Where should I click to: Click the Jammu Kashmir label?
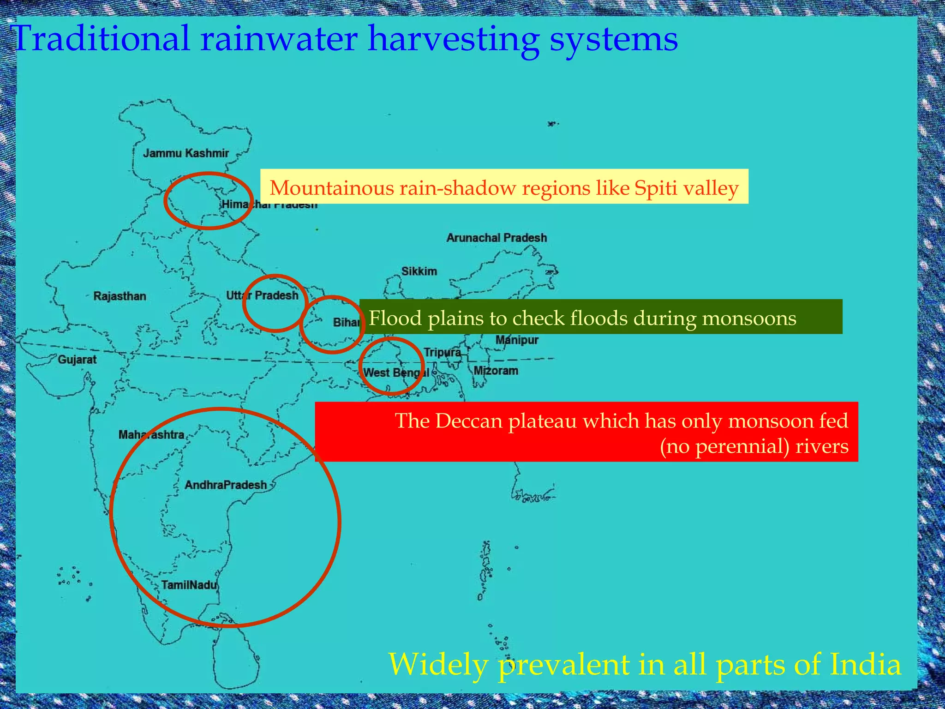point(185,153)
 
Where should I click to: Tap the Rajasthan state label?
point(120,296)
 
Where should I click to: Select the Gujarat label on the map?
point(77,359)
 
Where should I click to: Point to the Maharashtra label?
point(151,434)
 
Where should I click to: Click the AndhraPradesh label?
point(226,485)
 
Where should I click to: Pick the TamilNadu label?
point(189,585)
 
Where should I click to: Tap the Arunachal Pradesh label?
point(496,238)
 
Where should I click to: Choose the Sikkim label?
point(419,271)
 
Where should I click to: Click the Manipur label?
point(517,340)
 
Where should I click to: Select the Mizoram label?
point(496,371)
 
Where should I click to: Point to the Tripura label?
point(442,352)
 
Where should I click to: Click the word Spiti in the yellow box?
point(655,188)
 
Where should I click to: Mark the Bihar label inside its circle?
point(346,322)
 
